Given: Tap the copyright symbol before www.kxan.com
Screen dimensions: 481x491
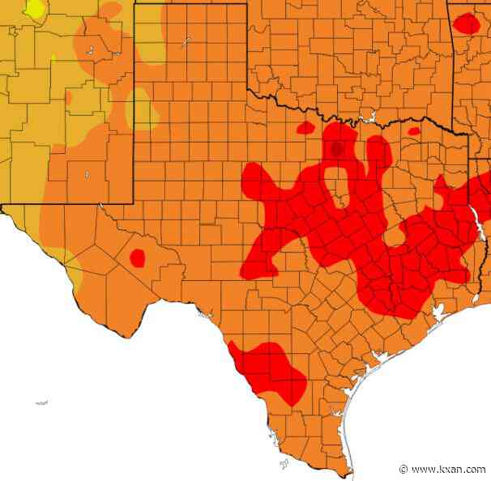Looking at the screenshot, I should tap(403, 469).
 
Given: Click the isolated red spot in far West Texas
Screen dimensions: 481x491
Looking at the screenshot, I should tap(138, 258).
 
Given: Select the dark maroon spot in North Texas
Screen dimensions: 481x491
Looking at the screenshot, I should tap(337, 148).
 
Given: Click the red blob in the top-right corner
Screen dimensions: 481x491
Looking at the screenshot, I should tap(467, 23).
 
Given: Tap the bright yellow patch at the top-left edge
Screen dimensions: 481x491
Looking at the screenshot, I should tap(34, 9).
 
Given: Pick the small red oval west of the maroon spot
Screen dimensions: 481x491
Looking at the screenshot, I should tap(306, 127).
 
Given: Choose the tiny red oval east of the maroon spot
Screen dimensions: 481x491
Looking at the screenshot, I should tap(414, 131).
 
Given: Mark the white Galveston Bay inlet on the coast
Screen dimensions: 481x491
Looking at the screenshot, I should tap(438, 312).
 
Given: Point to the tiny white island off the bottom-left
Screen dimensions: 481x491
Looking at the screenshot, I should tap(41, 402).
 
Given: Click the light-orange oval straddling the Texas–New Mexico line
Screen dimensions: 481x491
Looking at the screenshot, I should tap(140, 109).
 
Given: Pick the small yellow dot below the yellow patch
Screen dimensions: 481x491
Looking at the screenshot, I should tap(53, 57).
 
